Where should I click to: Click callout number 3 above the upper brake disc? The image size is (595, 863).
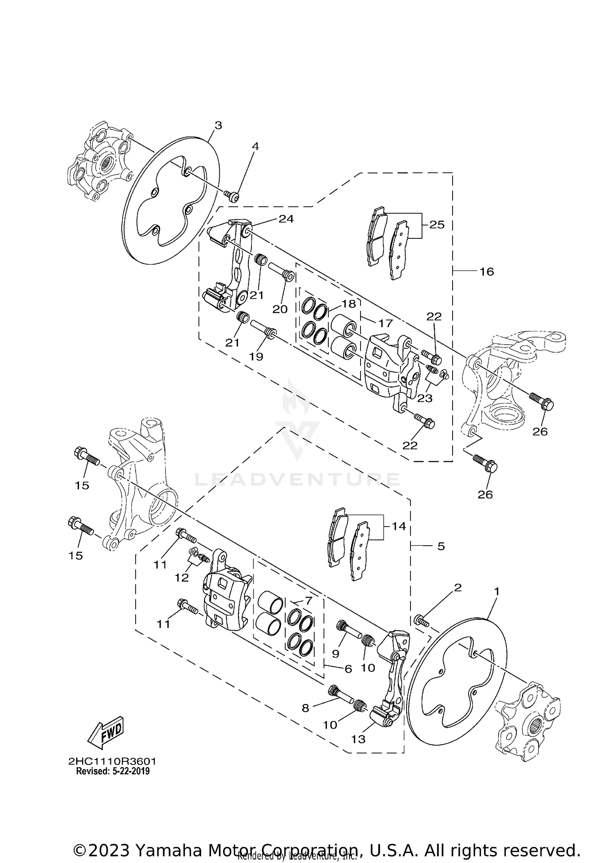coord(218,125)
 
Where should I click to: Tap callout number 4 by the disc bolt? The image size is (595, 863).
coord(255,146)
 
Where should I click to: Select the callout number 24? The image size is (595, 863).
coord(286,219)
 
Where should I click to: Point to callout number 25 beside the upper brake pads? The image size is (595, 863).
coord(437,225)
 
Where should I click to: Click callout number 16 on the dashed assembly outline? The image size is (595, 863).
coord(486,272)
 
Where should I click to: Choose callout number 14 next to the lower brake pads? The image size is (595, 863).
coord(399,526)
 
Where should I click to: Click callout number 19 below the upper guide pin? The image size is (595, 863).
coord(256,357)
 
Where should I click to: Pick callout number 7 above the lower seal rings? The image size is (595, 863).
coord(309,600)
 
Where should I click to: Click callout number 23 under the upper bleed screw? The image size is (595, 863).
coord(424,397)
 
